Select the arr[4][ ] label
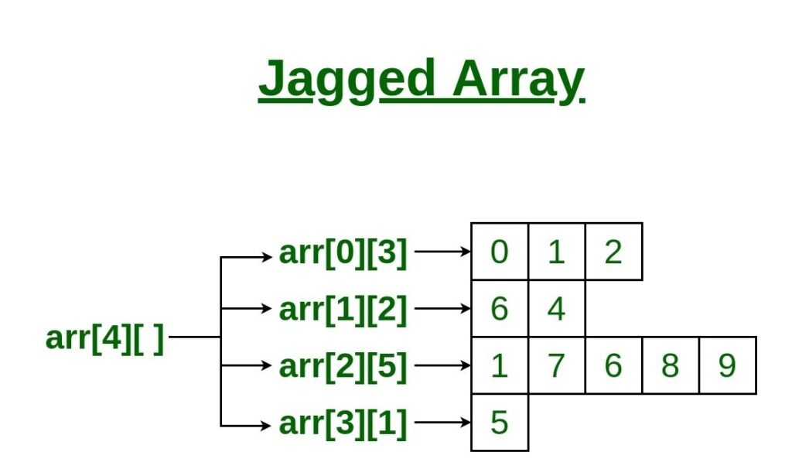click(x=105, y=338)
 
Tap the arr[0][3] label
click(x=343, y=252)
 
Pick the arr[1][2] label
click(x=343, y=309)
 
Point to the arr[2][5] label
click(x=343, y=366)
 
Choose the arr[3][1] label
click(x=343, y=423)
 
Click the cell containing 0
click(x=500, y=252)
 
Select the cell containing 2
click(x=613, y=252)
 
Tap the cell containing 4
click(x=557, y=309)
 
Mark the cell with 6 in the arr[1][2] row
click(x=500, y=309)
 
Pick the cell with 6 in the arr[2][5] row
click(x=613, y=365)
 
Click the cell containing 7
click(x=557, y=365)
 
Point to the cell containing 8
click(x=671, y=365)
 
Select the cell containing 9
click(x=727, y=365)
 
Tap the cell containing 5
click(x=500, y=423)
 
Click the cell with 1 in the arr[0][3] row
click(x=557, y=252)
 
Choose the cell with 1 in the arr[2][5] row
click(x=500, y=365)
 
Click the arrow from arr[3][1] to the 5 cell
click(x=442, y=423)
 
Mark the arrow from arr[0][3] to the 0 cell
click(x=442, y=252)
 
